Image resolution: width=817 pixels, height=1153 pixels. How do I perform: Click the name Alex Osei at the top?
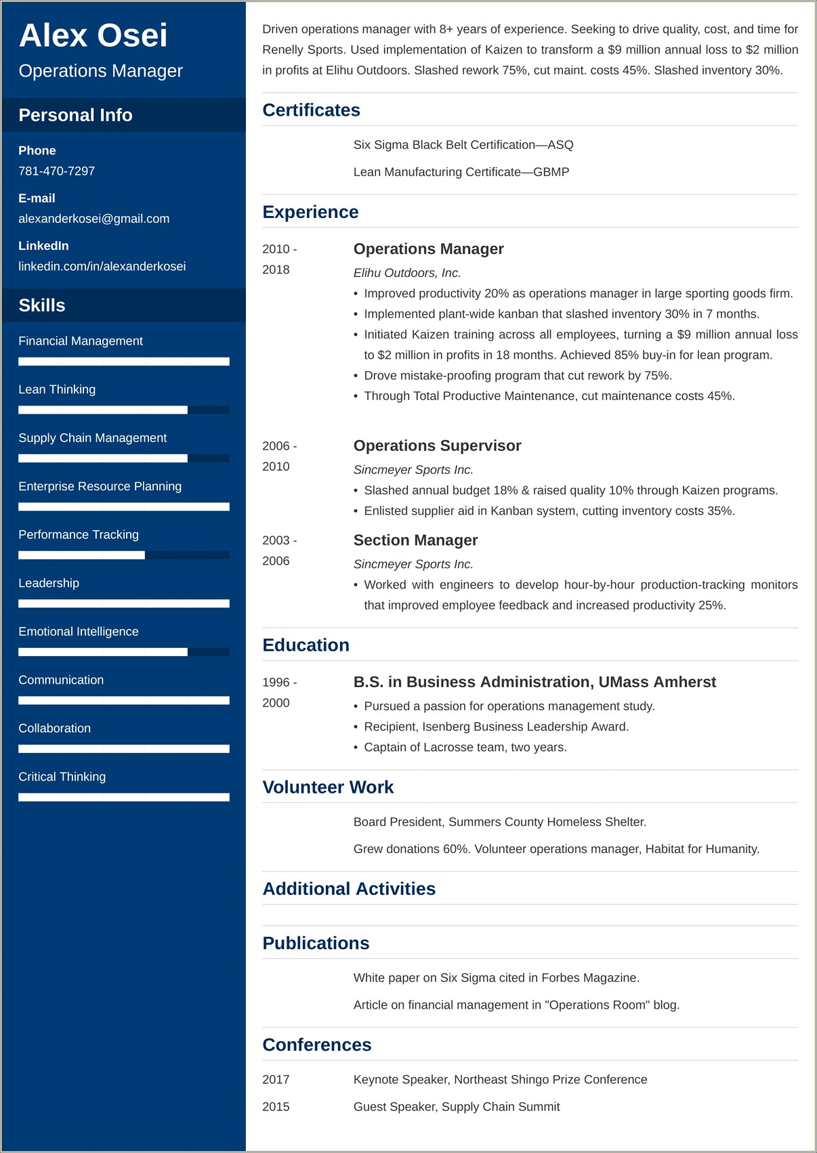93,35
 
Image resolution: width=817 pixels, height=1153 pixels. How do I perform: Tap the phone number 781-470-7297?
56,171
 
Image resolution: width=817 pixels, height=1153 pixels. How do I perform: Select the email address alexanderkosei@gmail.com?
93,219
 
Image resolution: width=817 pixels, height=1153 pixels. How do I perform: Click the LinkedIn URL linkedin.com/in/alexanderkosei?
102,266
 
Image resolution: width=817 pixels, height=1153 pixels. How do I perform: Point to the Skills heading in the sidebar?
42,305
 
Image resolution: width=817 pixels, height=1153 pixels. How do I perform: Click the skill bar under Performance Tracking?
123,555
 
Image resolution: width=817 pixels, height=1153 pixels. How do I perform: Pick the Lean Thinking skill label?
57,389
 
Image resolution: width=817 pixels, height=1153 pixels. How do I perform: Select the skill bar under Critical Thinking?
123,798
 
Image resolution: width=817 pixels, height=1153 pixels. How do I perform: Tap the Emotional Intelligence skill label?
79,632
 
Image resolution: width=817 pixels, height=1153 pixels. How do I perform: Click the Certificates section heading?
311,110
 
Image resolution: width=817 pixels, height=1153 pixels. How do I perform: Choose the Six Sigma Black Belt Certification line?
463,145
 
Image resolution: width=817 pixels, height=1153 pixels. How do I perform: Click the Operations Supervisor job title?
437,445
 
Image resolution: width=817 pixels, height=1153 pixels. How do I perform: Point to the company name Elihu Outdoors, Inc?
407,273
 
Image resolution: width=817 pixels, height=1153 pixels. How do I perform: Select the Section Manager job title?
415,540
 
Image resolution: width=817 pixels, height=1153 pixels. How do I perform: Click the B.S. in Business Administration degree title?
535,682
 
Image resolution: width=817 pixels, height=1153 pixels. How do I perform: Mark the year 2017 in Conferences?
276,1080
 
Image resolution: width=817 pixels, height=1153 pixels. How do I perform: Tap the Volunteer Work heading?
328,787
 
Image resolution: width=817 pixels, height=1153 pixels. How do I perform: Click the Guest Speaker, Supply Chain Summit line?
457,1107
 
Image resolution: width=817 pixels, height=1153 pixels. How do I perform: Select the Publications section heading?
316,943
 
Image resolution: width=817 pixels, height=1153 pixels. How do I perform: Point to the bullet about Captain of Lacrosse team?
465,747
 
